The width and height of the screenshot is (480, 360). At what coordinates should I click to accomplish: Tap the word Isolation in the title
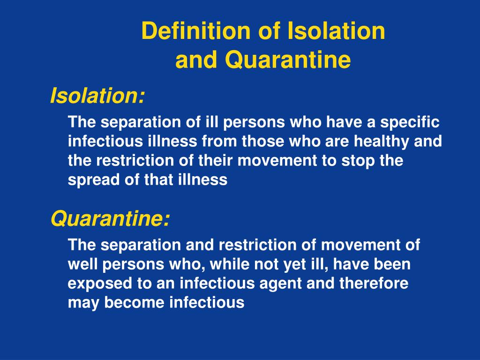[336, 31]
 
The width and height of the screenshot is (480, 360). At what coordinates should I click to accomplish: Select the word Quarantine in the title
[288, 60]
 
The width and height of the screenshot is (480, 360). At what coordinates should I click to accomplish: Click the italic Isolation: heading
[97, 95]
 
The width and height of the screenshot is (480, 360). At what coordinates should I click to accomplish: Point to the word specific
[410, 123]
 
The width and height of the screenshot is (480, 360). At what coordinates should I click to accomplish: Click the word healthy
[382, 142]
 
